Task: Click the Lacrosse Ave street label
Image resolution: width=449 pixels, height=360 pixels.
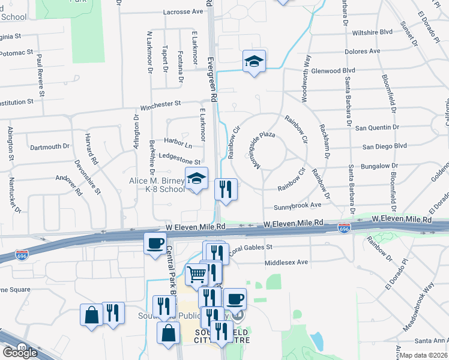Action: tap(183, 12)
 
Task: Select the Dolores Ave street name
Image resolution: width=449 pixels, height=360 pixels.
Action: tap(363, 51)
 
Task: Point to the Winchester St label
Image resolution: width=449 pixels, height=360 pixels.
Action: tap(160, 104)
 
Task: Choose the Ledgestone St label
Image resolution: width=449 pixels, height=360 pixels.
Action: tap(179, 161)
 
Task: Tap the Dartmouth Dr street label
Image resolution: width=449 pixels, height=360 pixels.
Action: tap(50, 146)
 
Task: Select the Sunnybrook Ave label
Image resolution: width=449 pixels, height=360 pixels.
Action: tap(298, 206)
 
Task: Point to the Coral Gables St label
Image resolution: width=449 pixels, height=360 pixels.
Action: tap(250, 247)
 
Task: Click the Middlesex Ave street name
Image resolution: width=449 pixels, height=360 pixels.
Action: tap(286, 262)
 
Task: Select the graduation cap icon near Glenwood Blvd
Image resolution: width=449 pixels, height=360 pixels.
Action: tap(255, 61)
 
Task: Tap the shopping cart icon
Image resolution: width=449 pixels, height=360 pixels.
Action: tap(196, 275)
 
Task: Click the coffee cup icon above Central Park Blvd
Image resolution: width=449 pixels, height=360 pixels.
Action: tap(155, 243)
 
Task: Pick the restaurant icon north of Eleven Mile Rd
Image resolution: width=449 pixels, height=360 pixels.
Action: tap(226, 190)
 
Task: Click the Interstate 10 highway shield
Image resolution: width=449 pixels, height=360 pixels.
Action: tap(21, 347)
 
